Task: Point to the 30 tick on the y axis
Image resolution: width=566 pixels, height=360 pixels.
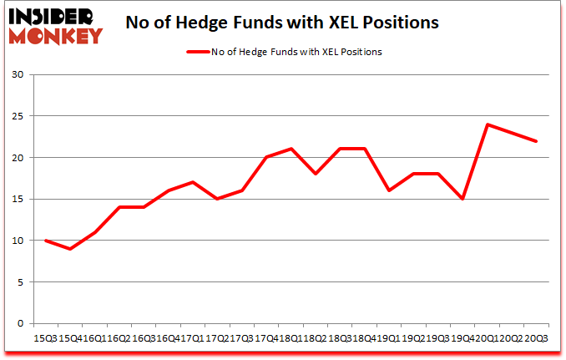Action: point(18,75)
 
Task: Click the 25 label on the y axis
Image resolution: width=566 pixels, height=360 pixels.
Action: point(18,117)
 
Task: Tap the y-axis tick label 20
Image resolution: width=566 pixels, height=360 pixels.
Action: point(18,158)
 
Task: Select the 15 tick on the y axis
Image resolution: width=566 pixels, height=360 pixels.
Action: point(18,200)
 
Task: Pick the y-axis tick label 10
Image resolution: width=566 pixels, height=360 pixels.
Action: point(18,241)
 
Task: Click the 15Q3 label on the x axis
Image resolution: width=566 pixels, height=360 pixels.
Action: point(46,337)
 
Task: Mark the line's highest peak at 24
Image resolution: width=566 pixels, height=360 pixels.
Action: point(487,124)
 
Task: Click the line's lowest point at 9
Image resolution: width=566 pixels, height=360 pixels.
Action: point(70,249)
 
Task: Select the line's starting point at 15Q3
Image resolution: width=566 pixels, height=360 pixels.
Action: point(46,241)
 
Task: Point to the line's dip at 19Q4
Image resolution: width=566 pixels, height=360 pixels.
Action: point(462,199)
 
